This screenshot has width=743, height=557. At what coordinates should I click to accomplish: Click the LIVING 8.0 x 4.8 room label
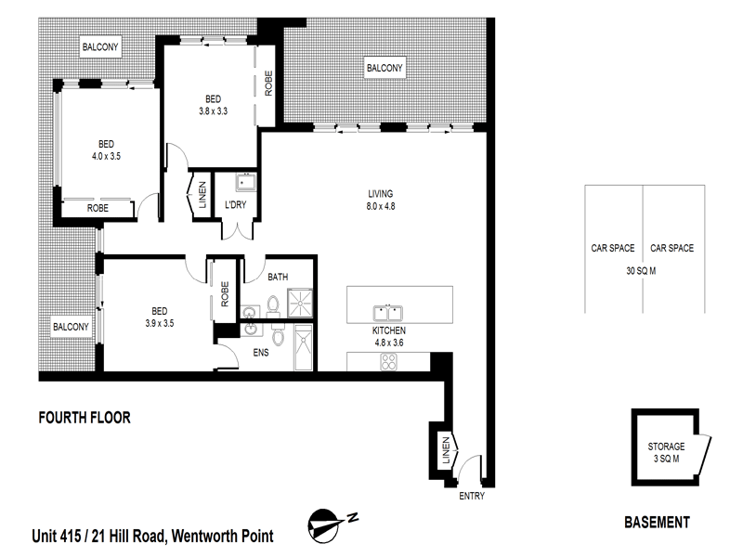tap(381, 200)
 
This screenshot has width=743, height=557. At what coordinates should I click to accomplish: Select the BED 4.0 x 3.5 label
tap(107, 150)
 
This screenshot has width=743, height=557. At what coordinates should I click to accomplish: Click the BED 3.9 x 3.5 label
tap(160, 317)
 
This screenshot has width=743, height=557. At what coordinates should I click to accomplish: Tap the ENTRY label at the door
tap(472, 497)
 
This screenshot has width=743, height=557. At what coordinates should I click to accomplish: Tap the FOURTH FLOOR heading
tap(84, 419)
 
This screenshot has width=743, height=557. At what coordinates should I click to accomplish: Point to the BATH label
tap(278, 277)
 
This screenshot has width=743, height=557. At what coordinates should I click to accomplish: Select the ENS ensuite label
tap(260, 353)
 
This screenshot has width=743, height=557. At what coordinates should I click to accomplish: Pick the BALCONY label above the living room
tap(384, 69)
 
